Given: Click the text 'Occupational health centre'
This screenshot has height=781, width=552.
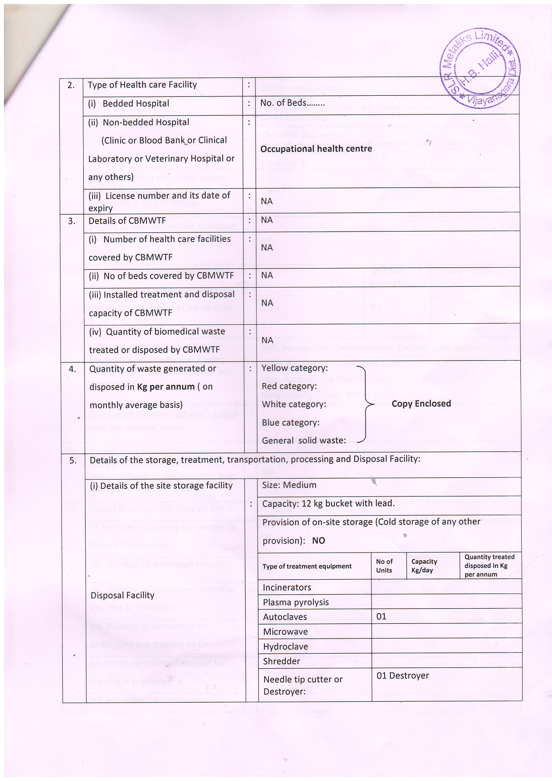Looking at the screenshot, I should tap(316, 149).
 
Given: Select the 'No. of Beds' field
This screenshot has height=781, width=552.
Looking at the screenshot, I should tap(292, 103).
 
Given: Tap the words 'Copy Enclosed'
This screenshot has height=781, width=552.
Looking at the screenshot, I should tap(421, 403).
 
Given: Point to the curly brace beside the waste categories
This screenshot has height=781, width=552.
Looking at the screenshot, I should tap(365, 404).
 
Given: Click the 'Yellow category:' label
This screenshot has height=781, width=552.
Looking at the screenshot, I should tap(295, 368).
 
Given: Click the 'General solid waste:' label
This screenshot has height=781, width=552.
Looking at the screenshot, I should tap(304, 440).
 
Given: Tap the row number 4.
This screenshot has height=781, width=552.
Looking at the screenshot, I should tap(72, 369).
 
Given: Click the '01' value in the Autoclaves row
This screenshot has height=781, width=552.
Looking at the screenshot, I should tap(382, 616).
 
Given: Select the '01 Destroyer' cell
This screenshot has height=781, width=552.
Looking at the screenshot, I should tap(403, 675).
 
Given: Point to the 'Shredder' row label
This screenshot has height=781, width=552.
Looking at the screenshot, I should tap(281, 661).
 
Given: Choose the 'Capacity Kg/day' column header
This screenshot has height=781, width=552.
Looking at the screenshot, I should tap(424, 566).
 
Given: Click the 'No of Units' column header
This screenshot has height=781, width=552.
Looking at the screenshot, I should tap(384, 566).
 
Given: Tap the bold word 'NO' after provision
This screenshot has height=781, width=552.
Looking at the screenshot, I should tap(319, 541).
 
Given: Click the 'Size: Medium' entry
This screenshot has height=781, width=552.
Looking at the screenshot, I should tap(289, 485).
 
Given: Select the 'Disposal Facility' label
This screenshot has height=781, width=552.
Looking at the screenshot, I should tap(122, 595).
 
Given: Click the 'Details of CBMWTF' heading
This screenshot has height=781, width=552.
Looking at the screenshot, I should tap(127, 220).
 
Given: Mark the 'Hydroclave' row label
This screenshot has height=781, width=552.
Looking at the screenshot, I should tap(285, 647).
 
